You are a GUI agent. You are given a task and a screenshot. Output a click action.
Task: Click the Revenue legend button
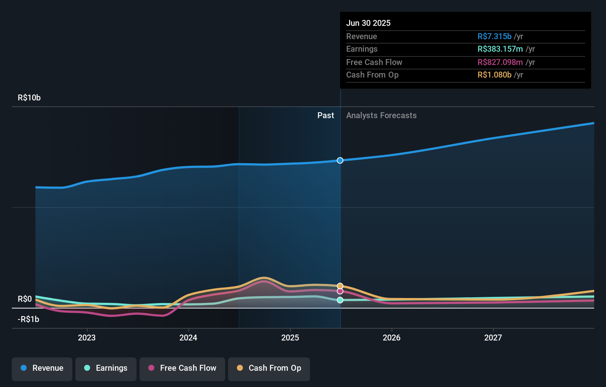click(42, 368)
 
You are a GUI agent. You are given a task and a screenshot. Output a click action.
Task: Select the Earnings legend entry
click(106, 368)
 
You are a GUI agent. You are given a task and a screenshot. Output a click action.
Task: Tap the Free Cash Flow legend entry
click(182, 368)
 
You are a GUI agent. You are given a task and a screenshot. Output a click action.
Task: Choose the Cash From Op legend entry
click(269, 368)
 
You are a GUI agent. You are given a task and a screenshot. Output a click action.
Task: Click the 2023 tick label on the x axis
click(87, 338)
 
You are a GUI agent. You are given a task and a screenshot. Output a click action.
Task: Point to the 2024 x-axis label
click(188, 338)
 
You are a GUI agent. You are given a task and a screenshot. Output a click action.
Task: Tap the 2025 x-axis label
click(290, 338)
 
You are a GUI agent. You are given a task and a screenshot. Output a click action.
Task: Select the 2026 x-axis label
click(392, 338)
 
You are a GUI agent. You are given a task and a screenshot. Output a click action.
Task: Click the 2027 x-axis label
click(493, 338)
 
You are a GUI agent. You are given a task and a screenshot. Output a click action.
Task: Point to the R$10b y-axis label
click(29, 98)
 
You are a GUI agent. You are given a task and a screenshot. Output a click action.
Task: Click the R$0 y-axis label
click(25, 299)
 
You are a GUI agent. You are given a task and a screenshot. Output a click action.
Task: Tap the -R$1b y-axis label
click(28, 319)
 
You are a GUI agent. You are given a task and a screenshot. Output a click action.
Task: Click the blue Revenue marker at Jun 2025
click(340, 160)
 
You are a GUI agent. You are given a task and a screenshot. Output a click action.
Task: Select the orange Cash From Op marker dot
click(340, 286)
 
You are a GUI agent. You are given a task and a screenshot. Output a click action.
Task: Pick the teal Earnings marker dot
click(340, 300)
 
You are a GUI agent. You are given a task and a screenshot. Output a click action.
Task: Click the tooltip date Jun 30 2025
click(368, 23)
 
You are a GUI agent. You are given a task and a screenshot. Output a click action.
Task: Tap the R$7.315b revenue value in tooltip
click(495, 36)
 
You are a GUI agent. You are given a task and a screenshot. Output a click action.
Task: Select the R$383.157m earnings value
click(500, 49)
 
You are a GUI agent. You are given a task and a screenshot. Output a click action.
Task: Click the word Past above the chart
click(326, 116)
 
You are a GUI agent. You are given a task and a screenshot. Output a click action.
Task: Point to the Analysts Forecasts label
click(381, 116)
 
